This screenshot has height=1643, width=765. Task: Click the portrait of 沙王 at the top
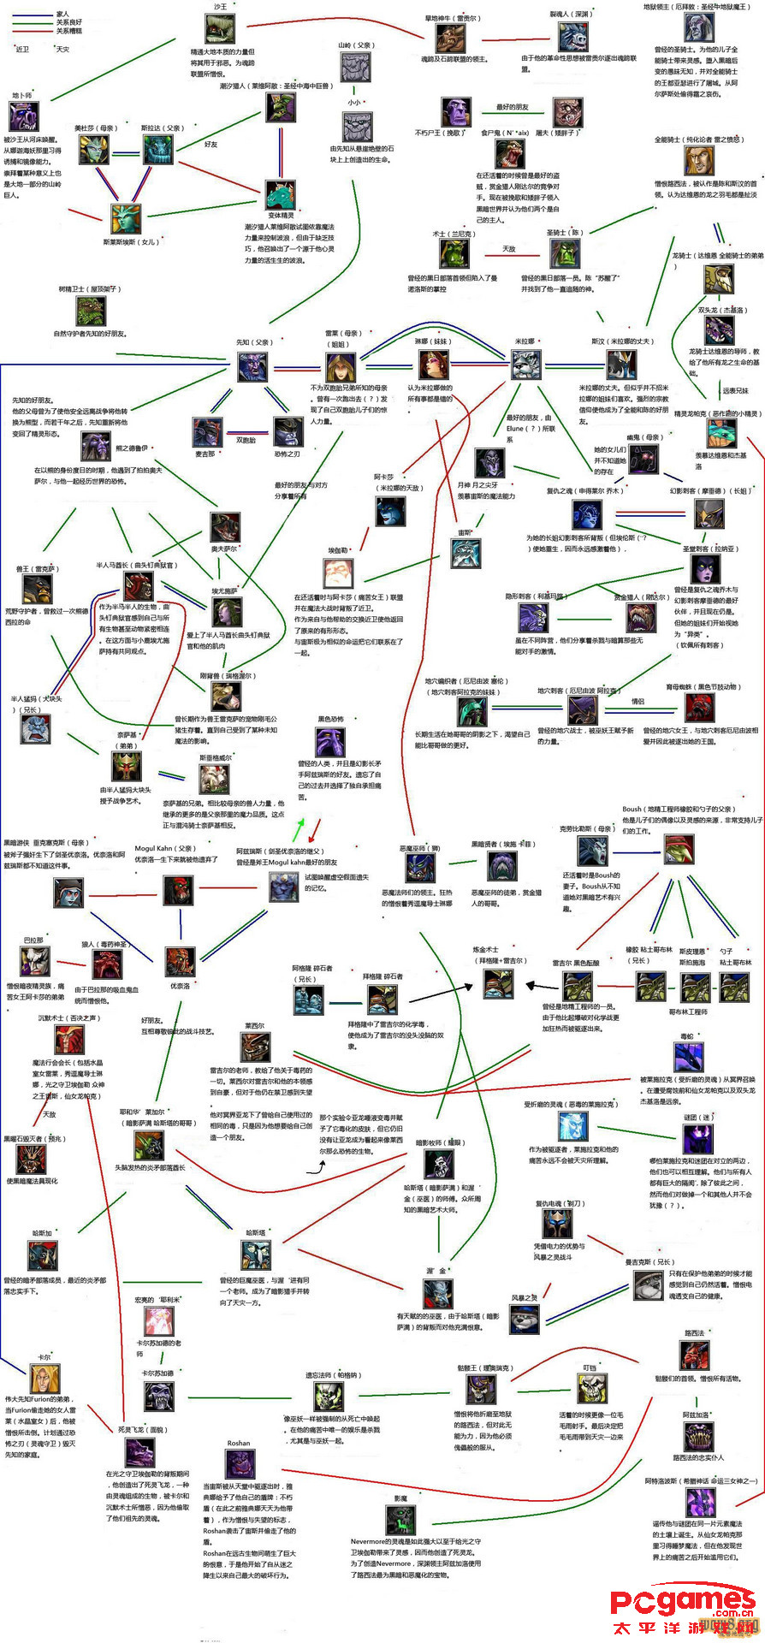click(220, 28)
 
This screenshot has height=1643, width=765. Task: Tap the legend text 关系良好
click(69, 22)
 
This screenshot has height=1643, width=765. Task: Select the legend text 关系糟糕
click(69, 31)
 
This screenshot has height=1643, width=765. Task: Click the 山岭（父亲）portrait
click(355, 68)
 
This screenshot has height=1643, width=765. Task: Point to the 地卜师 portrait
click(23, 116)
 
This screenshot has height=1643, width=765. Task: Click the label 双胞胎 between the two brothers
click(246, 440)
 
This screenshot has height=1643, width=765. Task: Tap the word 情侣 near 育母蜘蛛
click(637, 702)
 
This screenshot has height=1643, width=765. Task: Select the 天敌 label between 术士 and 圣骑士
click(509, 249)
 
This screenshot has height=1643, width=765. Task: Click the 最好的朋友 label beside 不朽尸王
click(513, 107)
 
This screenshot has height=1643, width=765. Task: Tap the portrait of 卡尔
click(42, 1379)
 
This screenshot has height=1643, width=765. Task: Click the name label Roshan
click(239, 1444)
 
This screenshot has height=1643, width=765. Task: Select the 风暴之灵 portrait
click(525, 1319)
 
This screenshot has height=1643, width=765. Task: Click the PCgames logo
click(683, 1601)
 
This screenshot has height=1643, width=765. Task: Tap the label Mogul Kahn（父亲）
click(164, 849)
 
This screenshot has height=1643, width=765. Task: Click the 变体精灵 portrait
click(280, 196)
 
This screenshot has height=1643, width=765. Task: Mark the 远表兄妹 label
click(734, 391)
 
